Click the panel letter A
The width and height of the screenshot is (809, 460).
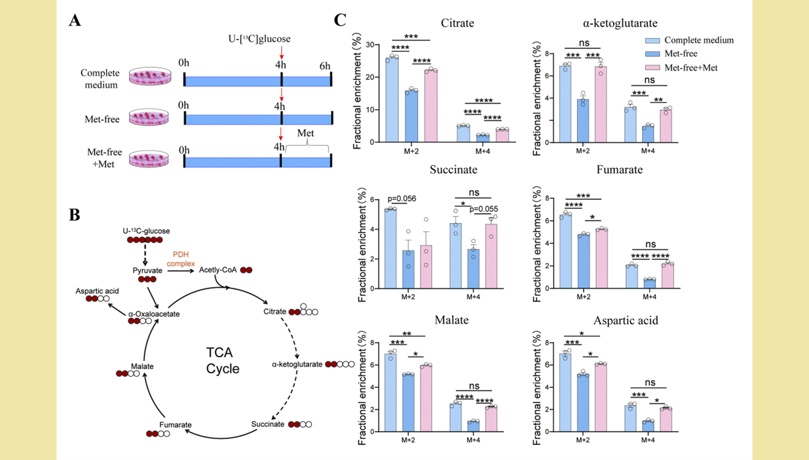75,21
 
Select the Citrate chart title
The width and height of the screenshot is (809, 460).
457,23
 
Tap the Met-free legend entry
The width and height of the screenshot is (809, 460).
680,54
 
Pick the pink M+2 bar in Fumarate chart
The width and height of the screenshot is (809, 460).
602,259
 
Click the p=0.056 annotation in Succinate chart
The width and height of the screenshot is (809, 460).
402,199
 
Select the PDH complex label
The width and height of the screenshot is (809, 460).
181,259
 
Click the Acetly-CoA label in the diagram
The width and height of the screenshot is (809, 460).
217,270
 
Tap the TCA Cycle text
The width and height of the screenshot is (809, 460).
222,361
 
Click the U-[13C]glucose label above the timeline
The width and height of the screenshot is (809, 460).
259,39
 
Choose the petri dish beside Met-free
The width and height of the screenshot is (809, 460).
149,118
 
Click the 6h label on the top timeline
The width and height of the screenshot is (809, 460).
325,66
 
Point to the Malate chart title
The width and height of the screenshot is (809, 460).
451,320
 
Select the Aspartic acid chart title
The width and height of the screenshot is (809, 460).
625,321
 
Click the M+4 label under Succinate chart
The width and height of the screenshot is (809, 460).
473,297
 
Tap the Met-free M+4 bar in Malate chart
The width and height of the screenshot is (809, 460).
473,426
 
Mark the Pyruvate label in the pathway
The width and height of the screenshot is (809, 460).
147,270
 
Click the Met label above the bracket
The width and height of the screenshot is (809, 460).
306,133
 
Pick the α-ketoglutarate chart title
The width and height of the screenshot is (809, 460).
620,23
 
